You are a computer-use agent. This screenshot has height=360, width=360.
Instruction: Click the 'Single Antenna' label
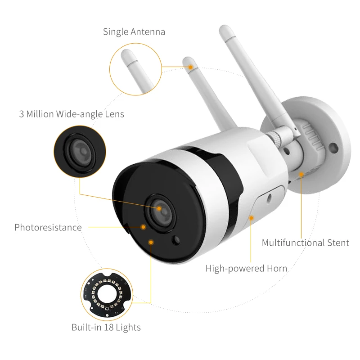point(134,31)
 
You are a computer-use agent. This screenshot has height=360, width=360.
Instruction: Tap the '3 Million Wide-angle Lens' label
point(72,114)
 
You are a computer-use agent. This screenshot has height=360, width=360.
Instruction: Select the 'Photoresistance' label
point(48,227)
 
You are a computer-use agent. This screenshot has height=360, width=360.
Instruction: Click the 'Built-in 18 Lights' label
point(106,327)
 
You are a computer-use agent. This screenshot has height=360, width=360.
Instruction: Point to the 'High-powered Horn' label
point(246,268)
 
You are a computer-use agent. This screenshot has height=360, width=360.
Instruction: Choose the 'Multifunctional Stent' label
point(306,243)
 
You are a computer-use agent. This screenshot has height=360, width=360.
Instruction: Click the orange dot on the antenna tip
point(190,67)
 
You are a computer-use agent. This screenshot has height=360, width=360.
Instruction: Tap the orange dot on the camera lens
point(159,208)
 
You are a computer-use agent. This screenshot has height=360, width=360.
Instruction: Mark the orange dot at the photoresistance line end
point(143,227)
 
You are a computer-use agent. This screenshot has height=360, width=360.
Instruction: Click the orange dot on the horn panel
point(252,218)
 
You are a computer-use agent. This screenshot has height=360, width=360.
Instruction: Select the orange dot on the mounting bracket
point(301,175)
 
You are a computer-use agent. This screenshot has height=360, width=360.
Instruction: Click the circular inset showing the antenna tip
point(135,69)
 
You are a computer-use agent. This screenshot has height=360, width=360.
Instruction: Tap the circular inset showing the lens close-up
point(80,152)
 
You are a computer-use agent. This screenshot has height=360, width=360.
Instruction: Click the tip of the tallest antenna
point(224,28)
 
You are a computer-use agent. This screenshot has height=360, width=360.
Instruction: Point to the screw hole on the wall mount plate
point(333,148)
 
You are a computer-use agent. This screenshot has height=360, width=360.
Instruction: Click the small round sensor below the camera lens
point(176,240)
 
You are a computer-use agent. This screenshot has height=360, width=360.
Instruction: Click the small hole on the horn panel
point(269,197)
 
